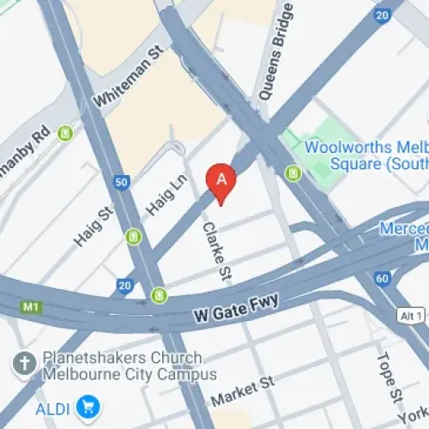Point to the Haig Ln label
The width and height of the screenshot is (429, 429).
click(169, 193)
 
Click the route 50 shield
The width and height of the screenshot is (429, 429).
click(121, 181)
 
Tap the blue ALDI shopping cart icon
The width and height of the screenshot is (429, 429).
click(86, 405)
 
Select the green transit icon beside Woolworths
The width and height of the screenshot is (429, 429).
click(293, 174)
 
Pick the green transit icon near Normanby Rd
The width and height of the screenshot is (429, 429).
click(64, 134)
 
